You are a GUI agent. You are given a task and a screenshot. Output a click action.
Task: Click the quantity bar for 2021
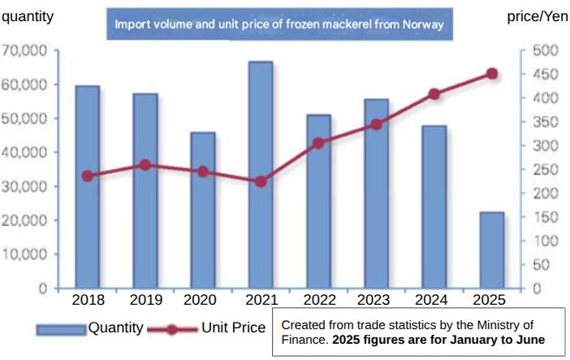tap(261, 175)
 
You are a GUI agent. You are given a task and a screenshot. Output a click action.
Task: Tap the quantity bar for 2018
tap(88, 187)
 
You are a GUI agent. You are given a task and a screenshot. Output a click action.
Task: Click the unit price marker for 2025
tap(492, 74)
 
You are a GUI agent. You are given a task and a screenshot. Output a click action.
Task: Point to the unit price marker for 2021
tap(261, 181)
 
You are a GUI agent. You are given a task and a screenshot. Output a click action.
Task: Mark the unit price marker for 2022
tap(318, 143)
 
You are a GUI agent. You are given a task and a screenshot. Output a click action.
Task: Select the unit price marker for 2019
tap(145, 165)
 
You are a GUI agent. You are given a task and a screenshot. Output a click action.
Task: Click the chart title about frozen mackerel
tap(279, 24)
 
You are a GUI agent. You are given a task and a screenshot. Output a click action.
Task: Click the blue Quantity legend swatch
tap(61, 328)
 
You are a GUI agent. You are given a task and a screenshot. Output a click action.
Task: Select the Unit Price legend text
tap(233, 327)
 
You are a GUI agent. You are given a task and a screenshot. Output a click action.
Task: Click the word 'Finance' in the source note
tap(303, 340)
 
